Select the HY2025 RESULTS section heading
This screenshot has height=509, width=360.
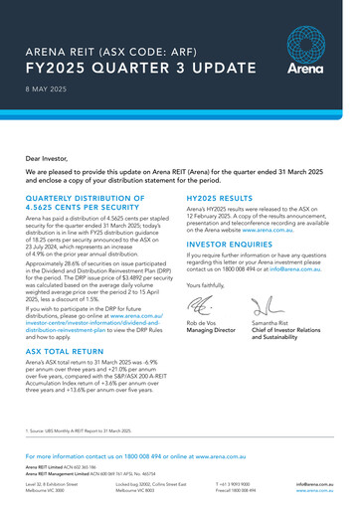pyautogui.click(x=222, y=198)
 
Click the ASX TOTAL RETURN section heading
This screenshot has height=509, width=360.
pyautogui.click(x=73, y=351)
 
